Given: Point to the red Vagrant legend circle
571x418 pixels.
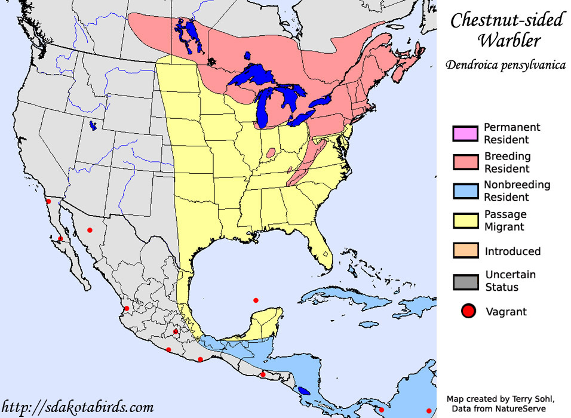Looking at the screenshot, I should pos(468,311).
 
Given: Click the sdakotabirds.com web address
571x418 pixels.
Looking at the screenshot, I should pos(78,408).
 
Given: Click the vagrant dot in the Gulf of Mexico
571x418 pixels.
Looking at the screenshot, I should pos(256,300).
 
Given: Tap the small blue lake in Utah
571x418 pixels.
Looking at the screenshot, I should pos(93,126).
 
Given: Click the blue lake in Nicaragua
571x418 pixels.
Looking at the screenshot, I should pos(304,391).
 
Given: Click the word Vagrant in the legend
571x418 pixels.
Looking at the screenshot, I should pos(506,311).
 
